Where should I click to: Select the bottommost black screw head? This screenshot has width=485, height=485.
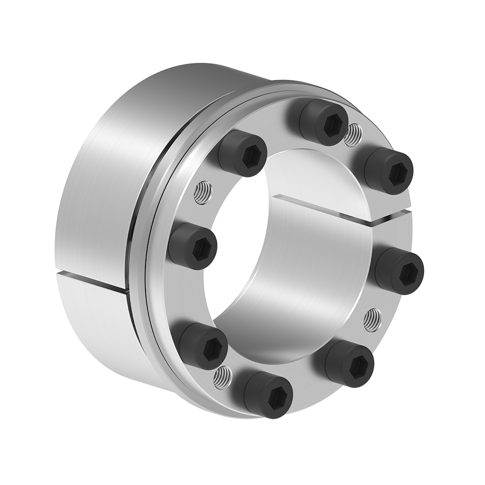[268, 394]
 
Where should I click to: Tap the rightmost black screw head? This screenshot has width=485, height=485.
[399, 270]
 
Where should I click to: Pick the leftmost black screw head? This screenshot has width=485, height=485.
[193, 246]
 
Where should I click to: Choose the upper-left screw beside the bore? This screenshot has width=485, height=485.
[242, 153]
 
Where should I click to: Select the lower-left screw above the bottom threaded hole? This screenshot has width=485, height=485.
[203, 346]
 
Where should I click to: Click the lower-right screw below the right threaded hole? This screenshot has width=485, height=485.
[349, 363]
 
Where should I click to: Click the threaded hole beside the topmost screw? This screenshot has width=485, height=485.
[353, 134]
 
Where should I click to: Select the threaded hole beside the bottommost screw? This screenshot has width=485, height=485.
[223, 377]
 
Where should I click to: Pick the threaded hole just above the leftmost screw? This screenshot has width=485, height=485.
[202, 193]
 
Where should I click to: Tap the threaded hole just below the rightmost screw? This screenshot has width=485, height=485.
[372, 320]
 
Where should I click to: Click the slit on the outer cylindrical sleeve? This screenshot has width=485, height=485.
[92, 282]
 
